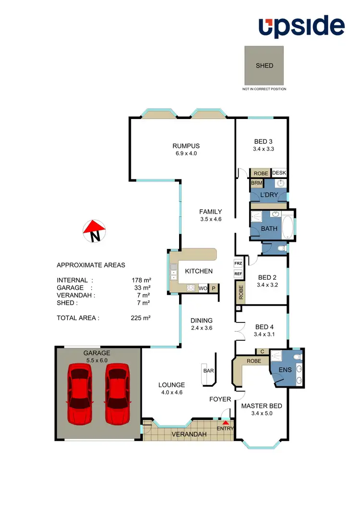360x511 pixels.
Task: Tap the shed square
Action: (x=264, y=65)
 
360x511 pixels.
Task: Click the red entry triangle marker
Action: (x=225, y=422)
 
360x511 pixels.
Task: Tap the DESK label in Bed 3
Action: (x=279, y=173)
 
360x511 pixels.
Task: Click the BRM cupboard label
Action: (x=255, y=183)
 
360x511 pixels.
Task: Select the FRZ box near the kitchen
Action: (x=238, y=263)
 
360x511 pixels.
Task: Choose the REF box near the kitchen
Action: (x=238, y=274)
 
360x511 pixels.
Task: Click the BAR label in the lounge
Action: (x=208, y=371)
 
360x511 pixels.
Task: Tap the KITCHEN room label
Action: (x=199, y=271)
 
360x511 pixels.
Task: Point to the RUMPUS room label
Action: (x=186, y=146)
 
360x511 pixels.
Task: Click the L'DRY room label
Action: (x=269, y=196)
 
